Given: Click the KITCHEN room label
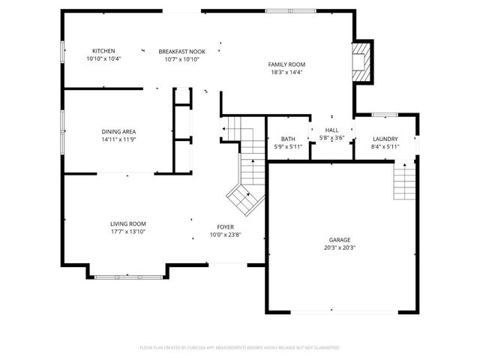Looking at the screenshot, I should (103, 51).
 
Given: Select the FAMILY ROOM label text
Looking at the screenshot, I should (286, 64).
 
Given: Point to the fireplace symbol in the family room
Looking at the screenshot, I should (361, 59).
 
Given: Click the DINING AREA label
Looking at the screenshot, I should (119, 131).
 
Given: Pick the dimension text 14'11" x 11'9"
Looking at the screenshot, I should (119, 139).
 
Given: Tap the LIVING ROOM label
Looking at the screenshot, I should (128, 223).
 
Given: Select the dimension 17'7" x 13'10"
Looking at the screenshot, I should (128, 232).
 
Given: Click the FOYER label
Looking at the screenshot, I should (225, 226).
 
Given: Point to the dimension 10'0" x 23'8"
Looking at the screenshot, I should (225, 235).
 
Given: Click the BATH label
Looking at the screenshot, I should (288, 139).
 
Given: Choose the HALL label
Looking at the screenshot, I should (331, 130).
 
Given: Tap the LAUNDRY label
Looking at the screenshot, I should (385, 139).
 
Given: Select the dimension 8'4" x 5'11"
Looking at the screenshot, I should (385, 147).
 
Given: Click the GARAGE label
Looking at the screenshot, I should (340, 239).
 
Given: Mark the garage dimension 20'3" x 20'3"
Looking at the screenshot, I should (340, 247).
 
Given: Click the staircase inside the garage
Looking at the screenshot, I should (404, 182).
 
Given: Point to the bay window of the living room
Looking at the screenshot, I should (127, 277).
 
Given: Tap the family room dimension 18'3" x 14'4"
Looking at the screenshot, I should (286, 73).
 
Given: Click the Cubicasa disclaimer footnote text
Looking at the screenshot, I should (240, 348).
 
